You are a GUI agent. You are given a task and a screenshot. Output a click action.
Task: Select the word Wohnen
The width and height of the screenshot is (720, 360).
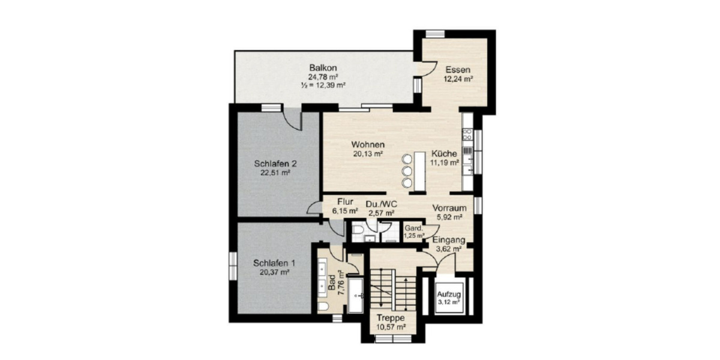(368, 145)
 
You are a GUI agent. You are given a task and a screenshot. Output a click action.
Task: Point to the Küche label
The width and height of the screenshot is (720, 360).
(444, 153)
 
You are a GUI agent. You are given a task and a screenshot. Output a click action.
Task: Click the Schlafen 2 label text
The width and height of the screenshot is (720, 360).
(275, 163)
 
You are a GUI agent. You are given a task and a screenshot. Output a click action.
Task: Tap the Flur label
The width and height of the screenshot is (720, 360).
(345, 202)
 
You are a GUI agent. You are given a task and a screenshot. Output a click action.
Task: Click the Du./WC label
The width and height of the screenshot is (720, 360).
(380, 204)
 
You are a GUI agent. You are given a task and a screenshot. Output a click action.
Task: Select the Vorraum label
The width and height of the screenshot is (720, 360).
(449, 208)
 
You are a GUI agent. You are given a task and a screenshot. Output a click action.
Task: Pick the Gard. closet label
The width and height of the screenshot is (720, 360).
(413, 229)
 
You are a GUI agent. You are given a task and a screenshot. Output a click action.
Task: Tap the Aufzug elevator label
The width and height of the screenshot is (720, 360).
(448, 295)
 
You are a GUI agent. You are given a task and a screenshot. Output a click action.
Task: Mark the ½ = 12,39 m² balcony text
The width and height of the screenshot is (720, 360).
(323, 85)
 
